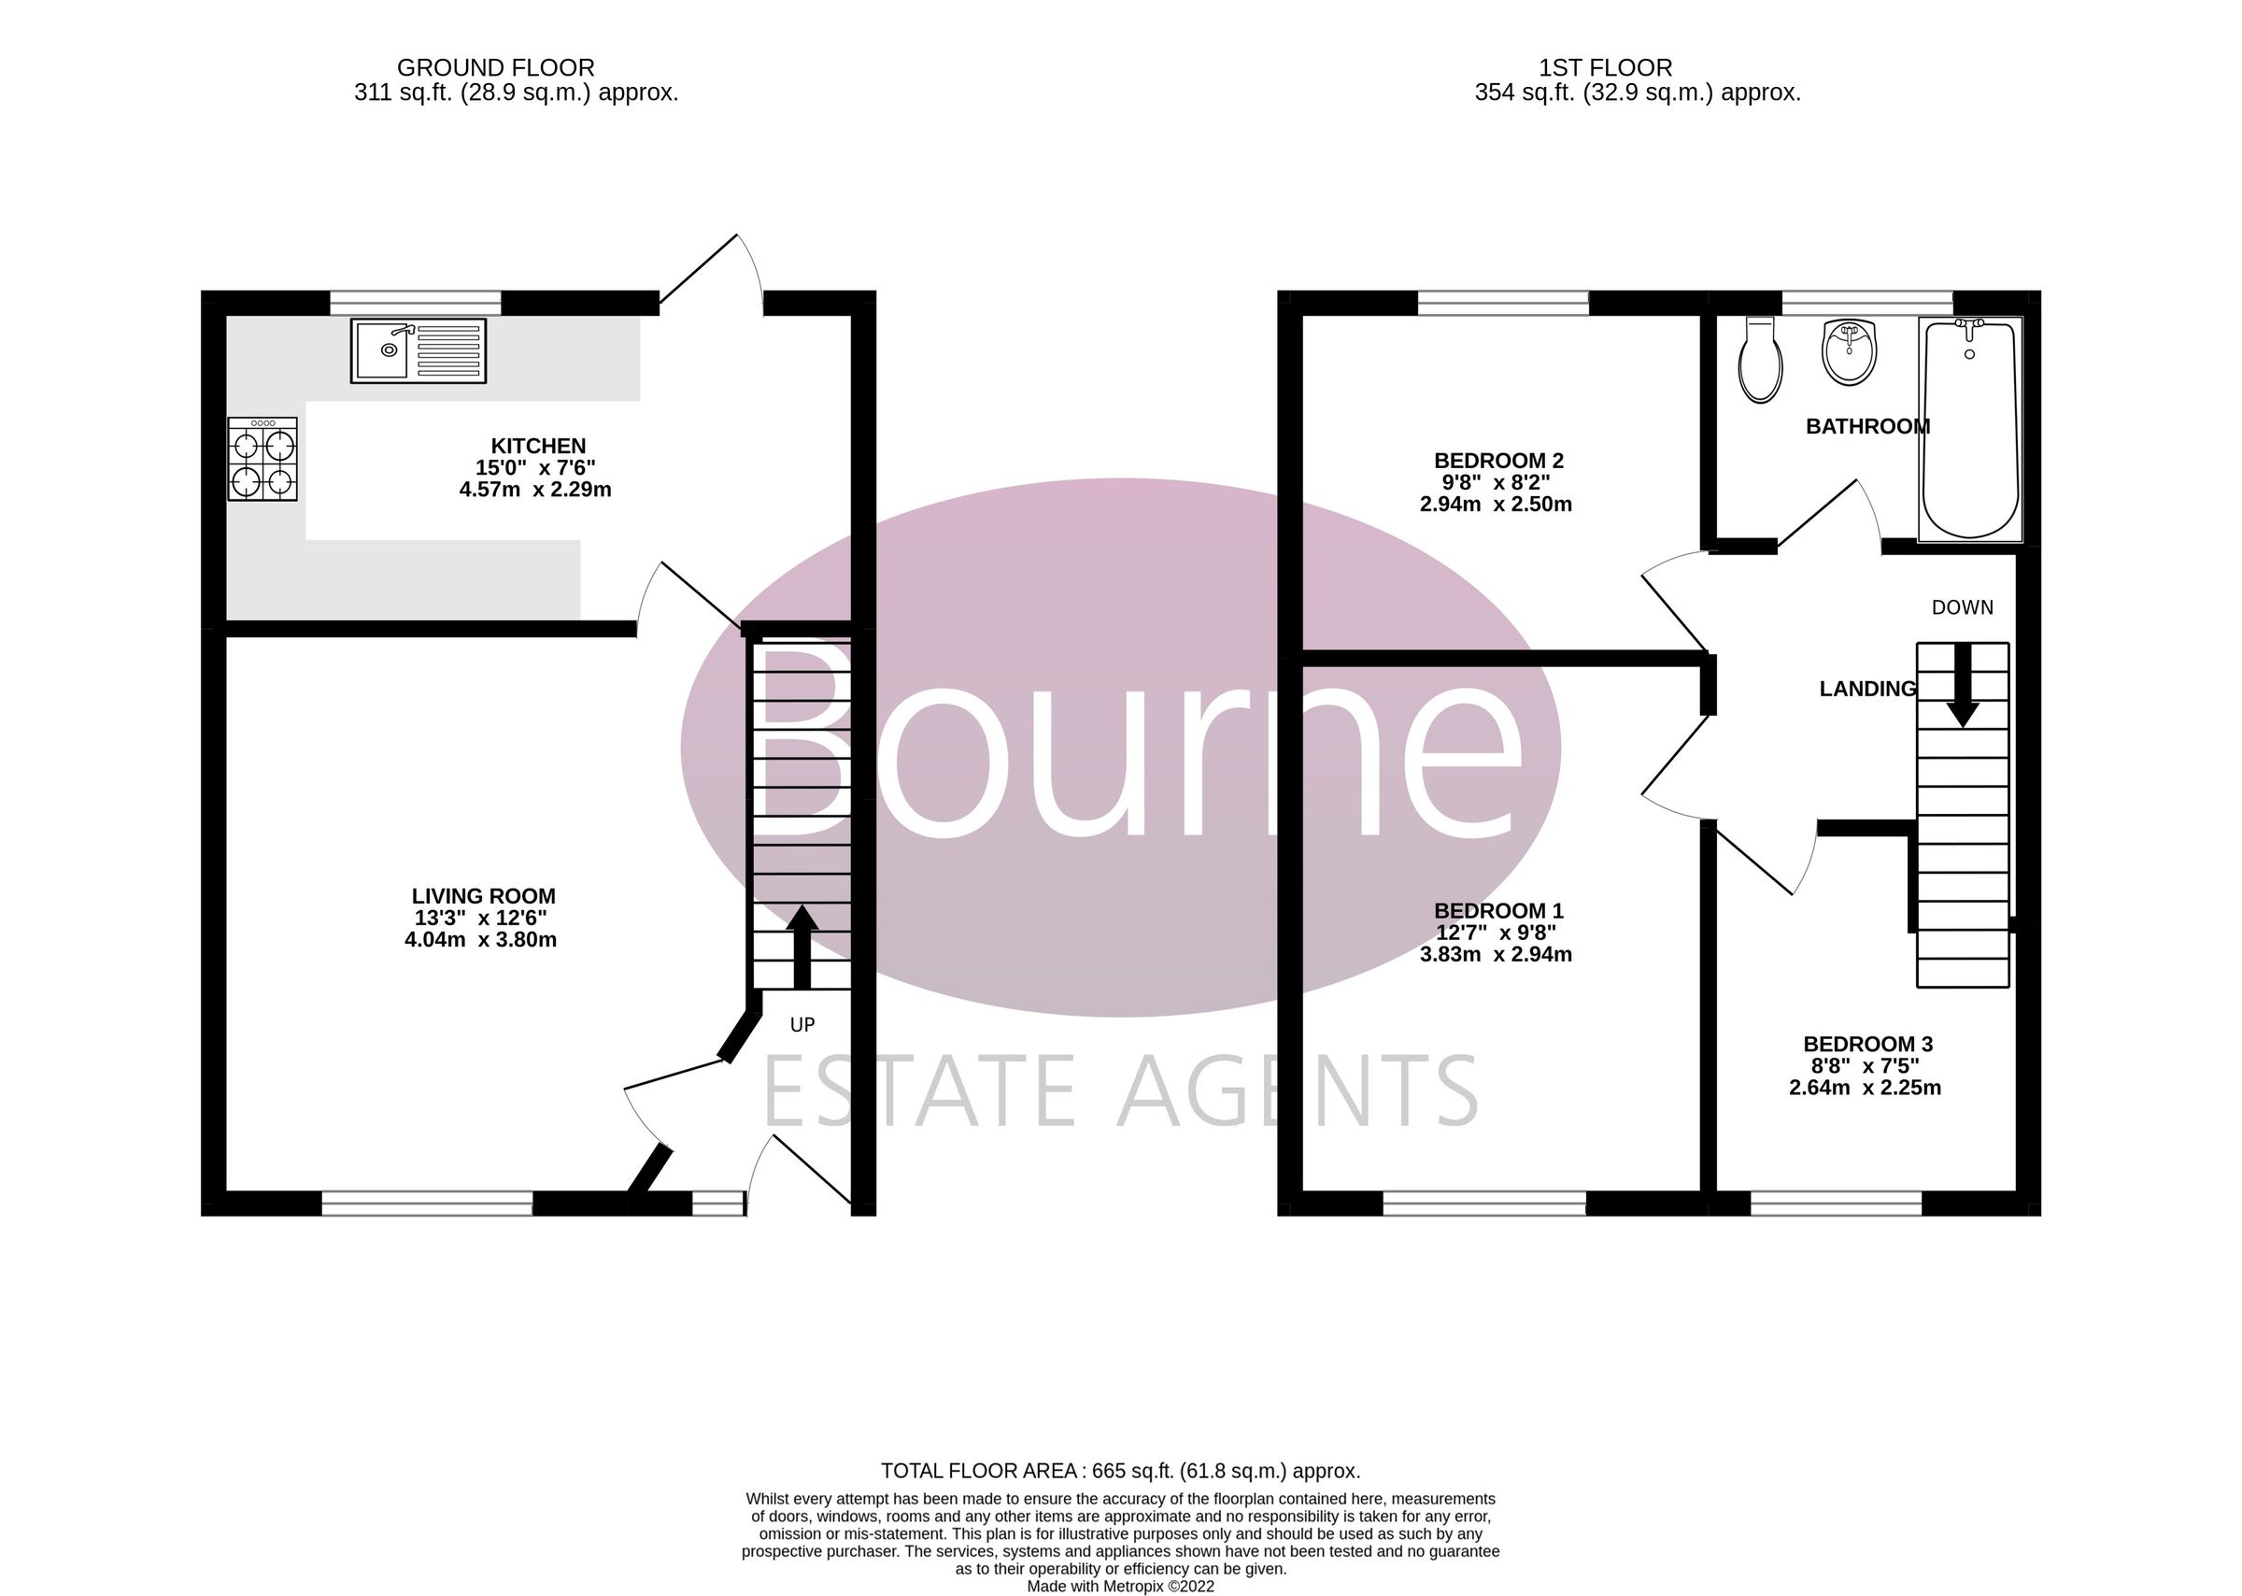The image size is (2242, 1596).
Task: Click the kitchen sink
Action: [418, 350]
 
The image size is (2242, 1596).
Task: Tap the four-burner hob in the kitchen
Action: [263, 459]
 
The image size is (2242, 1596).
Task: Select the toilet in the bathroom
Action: [1760, 361]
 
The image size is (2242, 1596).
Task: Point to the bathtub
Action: [1970, 429]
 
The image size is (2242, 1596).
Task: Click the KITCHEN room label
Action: [537, 446]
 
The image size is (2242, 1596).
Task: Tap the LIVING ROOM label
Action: [483, 896]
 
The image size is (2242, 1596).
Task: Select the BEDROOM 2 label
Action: [1498, 460]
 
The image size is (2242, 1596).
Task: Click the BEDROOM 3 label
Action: [1867, 1044]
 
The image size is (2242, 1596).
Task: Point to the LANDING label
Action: [1866, 689]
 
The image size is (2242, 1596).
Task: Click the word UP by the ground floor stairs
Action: [802, 1025]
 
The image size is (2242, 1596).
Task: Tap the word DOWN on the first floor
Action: [1962, 607]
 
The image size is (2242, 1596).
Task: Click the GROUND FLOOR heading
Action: [495, 68]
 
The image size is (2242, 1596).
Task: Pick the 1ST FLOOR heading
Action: [1605, 68]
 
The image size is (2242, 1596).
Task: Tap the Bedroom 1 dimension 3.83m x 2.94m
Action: [1496, 954]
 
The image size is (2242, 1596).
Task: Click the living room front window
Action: [427, 1203]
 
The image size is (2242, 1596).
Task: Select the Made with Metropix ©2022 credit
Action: [1120, 1586]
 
